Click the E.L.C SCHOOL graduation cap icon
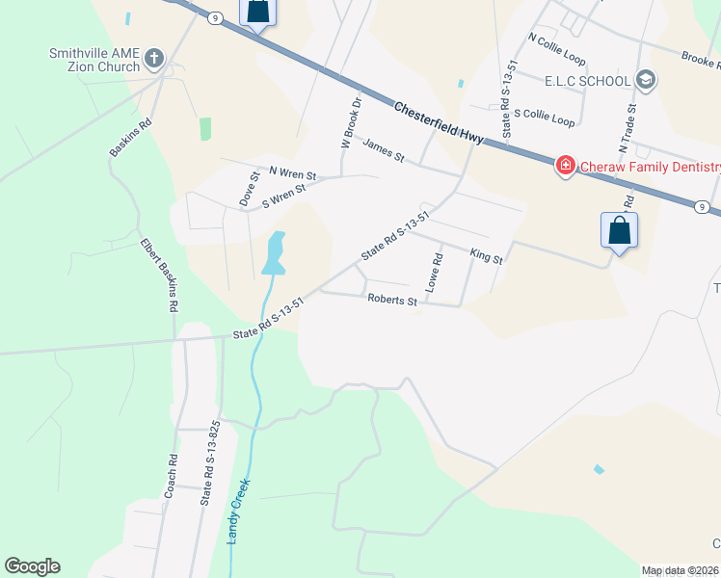coord(646,81)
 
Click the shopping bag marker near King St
coord(619,231)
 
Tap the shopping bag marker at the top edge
coord(257,12)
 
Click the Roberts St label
coord(391,301)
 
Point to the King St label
coord(486,255)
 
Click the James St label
coord(383,150)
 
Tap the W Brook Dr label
coord(350,122)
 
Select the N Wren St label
coord(292,172)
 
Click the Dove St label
coord(249,189)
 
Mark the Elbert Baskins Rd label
coord(159,275)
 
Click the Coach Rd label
coord(171,476)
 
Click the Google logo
coord(32,566)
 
